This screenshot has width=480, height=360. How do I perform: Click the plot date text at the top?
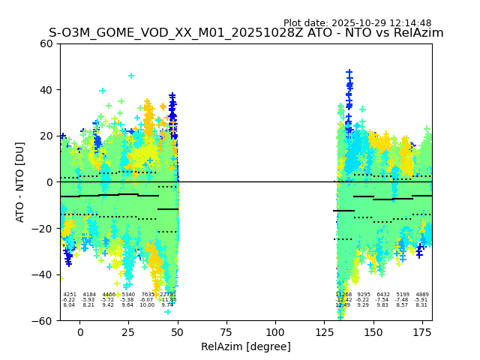[x=357, y=23]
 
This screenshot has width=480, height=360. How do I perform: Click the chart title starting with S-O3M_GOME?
[x=246, y=33]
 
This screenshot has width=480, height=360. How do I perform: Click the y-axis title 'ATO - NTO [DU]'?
[x=20, y=181]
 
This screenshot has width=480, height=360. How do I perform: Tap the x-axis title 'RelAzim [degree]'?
[x=246, y=346]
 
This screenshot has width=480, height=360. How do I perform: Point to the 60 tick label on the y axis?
[x=46, y=43]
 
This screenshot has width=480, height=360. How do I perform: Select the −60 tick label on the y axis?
[x=43, y=320]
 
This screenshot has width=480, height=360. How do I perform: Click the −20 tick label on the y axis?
[x=43, y=228]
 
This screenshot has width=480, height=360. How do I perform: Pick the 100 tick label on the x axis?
[x=275, y=332]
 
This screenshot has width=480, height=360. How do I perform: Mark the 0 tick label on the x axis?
[x=80, y=332]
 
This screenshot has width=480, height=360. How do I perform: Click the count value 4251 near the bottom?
[x=70, y=295]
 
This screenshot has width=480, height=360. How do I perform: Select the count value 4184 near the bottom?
[x=89, y=295]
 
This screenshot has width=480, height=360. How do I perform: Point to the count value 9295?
[x=364, y=295]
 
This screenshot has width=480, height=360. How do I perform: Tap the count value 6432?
[x=383, y=295]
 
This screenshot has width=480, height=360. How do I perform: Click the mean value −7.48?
[x=403, y=300]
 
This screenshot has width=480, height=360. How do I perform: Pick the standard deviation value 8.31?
[x=422, y=305]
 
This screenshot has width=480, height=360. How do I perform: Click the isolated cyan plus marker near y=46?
[x=131, y=76]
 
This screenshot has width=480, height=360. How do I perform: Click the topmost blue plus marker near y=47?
[x=349, y=73]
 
